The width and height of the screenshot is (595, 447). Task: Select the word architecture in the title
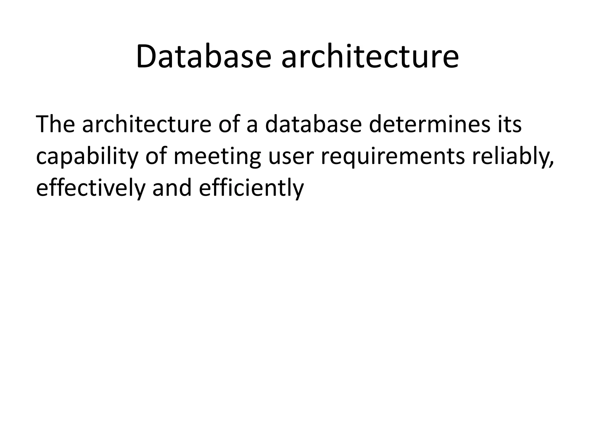[x=370, y=57]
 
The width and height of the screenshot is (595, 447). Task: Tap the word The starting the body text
[x=55, y=124]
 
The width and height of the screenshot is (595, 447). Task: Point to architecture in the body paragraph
[x=146, y=124]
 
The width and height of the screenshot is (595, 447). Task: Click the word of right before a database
[x=229, y=124]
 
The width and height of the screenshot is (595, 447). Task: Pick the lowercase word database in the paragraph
[x=313, y=124]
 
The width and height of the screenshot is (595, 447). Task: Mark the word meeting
[x=217, y=157]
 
